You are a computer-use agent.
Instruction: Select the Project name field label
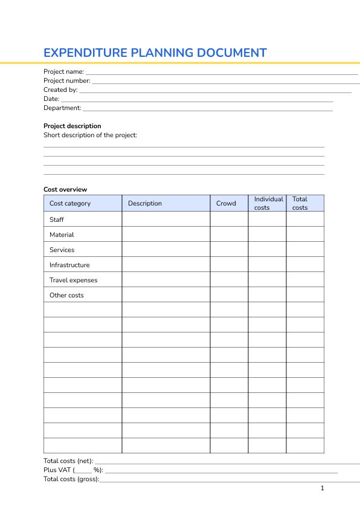[x=63, y=72]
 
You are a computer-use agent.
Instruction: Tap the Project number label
[x=66, y=81]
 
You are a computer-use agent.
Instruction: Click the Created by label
[x=60, y=90]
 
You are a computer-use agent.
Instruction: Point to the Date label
[x=51, y=99]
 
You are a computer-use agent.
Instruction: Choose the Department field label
[x=62, y=108]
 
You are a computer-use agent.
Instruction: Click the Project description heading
[x=72, y=126]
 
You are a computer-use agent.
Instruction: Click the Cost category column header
[x=70, y=204]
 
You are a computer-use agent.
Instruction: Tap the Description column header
[x=145, y=204]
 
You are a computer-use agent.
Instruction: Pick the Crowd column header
[x=226, y=204]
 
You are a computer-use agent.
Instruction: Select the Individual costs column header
[x=268, y=203]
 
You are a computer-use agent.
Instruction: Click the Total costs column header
[x=300, y=203]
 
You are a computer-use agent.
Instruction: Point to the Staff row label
[x=57, y=220]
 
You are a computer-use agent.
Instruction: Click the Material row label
[x=62, y=235]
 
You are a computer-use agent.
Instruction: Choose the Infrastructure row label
[x=69, y=265]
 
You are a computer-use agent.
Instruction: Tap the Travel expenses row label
[x=73, y=280]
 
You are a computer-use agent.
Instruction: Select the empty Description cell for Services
[x=166, y=250]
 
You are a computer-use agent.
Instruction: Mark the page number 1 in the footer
[x=323, y=488]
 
